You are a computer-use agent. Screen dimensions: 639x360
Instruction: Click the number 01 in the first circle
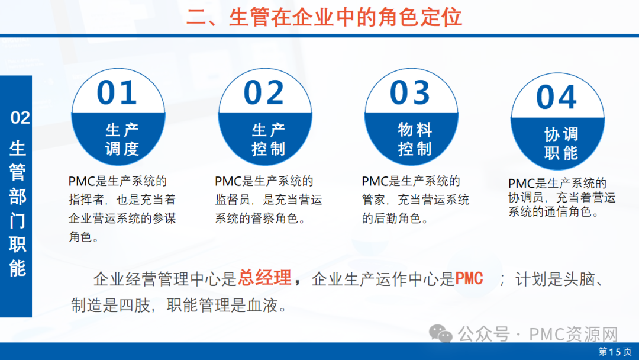[x=117, y=92]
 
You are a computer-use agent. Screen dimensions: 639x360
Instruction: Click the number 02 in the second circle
[x=264, y=92]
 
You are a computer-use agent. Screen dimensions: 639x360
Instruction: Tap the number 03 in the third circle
[x=410, y=92]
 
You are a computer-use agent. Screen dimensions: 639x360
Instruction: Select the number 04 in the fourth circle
[x=557, y=97]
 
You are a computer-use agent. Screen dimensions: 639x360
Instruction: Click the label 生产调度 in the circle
[x=122, y=139]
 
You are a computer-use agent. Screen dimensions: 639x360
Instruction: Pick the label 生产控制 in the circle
[x=269, y=139]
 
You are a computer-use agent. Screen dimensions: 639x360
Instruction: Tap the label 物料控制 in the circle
[x=415, y=139]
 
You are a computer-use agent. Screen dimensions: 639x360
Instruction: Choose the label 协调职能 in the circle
[x=561, y=143]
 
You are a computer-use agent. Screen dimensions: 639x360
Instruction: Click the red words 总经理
[x=264, y=278]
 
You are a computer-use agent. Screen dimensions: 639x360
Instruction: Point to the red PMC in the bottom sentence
[x=469, y=278]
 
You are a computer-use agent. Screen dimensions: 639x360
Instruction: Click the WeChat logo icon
[x=441, y=334]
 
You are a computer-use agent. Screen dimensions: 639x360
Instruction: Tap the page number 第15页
[x=615, y=352]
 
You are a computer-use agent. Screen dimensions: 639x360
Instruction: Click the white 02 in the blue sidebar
[x=20, y=118]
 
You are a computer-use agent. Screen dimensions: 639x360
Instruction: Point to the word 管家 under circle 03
[x=374, y=200]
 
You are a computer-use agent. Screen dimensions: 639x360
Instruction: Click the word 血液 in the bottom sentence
[x=262, y=305]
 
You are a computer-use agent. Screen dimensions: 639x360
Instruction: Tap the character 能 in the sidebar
[x=18, y=268]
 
